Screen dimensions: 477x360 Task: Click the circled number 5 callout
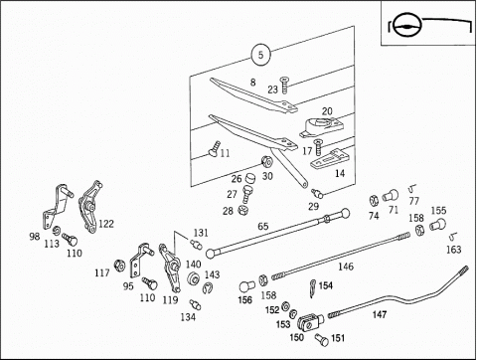tap(260, 55)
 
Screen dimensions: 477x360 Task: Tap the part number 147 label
tap(380, 314)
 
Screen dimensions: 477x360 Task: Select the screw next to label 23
tap(284, 85)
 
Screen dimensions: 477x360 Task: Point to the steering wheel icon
tap(405, 26)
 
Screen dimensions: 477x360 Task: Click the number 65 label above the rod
tap(263, 226)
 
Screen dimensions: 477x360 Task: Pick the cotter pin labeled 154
tap(313, 288)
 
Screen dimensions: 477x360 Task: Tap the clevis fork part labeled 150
tap(309, 322)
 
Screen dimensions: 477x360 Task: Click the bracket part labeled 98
tap(57, 207)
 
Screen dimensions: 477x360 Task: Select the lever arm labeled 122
tap(88, 207)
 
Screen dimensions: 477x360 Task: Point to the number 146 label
tap(346, 267)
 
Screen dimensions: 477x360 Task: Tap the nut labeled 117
tap(119, 266)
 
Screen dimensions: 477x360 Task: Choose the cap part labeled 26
tap(250, 179)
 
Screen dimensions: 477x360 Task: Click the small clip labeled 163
tap(453, 237)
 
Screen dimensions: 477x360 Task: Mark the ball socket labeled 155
tap(438, 225)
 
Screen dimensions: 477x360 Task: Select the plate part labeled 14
tap(328, 159)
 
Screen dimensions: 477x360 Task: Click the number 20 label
tap(327, 111)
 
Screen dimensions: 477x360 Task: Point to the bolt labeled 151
tap(321, 339)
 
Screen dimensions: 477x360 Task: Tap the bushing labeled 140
tap(193, 278)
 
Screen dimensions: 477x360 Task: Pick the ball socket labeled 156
tap(246, 286)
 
